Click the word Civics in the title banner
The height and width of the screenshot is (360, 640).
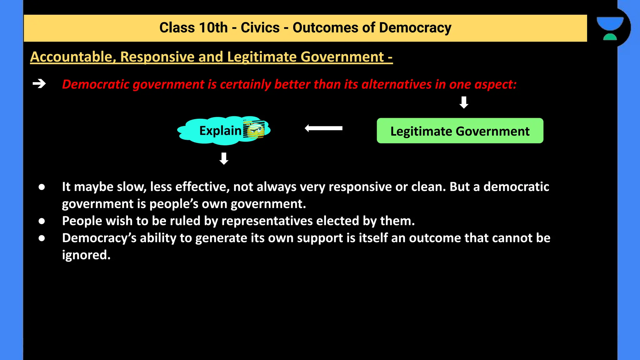pos(260,28)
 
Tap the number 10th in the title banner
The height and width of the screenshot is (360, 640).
pos(213,28)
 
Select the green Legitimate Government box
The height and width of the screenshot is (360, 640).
pos(460,131)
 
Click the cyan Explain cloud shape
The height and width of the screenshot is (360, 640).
pos(212,131)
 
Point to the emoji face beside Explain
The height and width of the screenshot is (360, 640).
pos(254,130)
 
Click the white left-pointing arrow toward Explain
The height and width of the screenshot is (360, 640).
pos(323,128)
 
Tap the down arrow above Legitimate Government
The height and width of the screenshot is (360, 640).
pos(464,102)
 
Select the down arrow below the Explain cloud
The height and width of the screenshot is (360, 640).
pos(224,158)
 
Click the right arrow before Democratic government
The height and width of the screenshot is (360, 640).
pos(39,84)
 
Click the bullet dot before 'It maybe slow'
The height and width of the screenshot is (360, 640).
pos(42,187)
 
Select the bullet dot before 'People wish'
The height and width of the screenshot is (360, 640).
pos(42,221)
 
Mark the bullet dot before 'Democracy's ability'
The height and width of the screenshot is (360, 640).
pos(42,238)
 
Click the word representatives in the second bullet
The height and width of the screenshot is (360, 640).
pos(267,221)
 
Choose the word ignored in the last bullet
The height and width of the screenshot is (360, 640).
pos(86,255)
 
